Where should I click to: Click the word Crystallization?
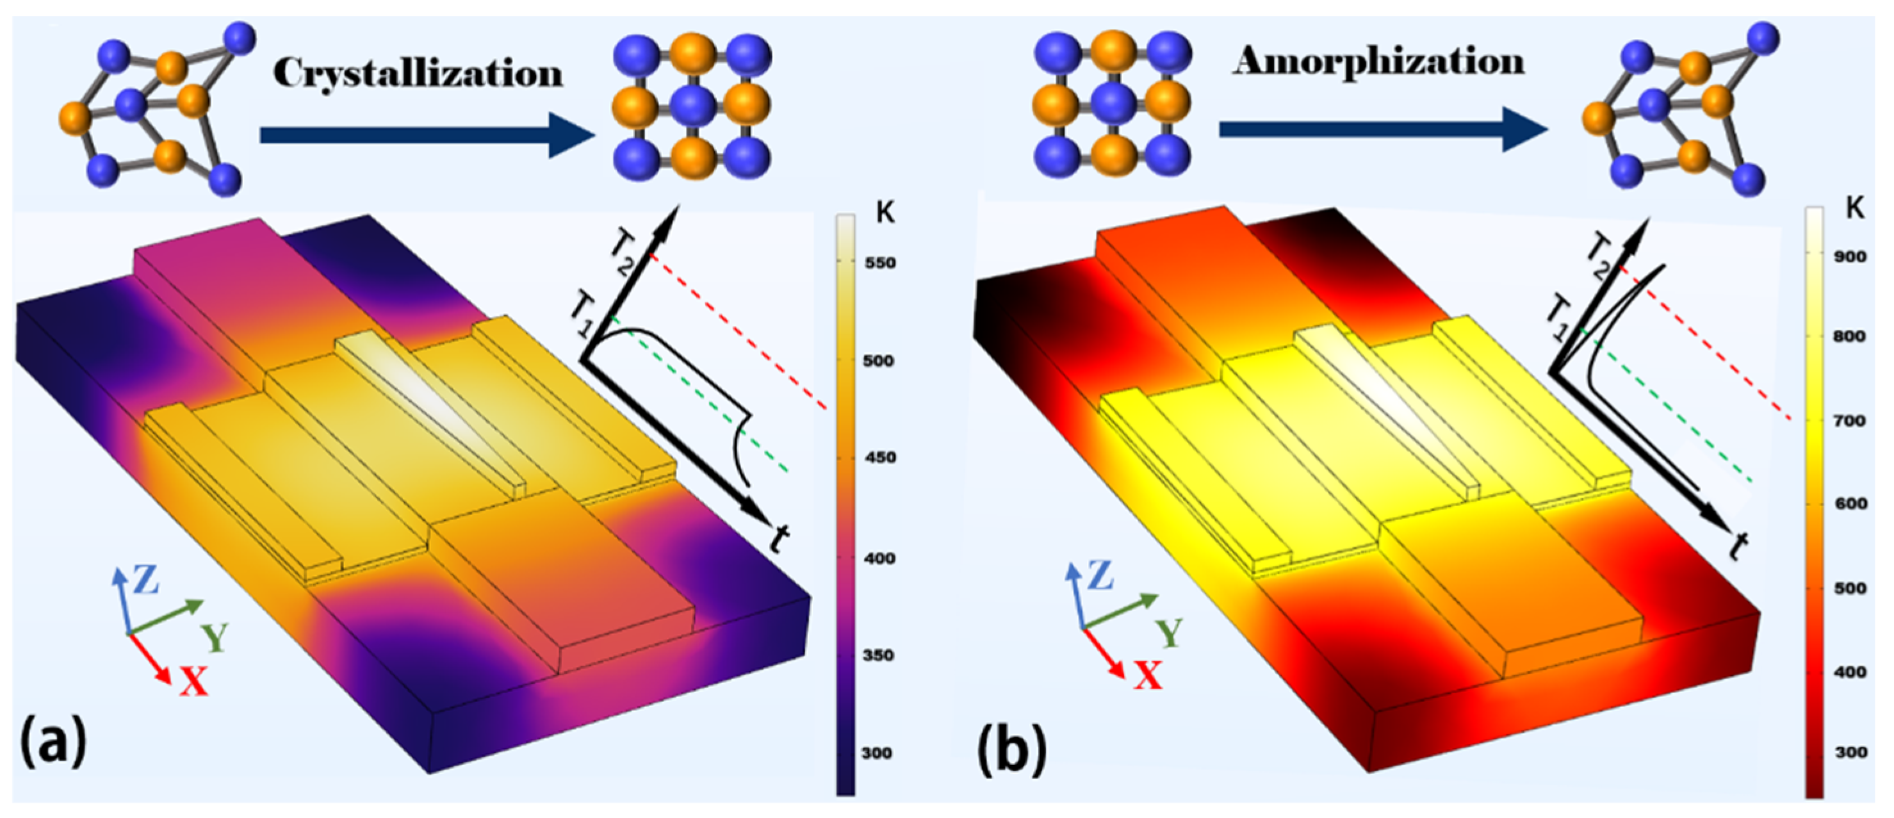tap(418, 74)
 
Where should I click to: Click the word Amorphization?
tap(1378, 61)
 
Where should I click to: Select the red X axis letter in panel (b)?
tap(1147, 675)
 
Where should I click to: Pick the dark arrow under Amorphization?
tap(1382, 130)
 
